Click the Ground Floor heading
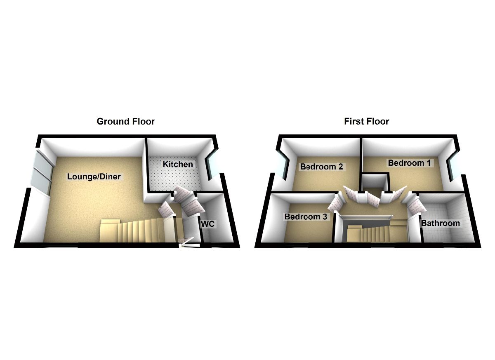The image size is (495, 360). pos(125,122)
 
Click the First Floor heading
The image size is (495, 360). pos(366,122)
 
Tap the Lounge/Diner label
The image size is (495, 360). pos(94,177)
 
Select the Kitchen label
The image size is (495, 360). pos(178,164)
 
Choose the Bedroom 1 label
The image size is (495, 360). pos(409,163)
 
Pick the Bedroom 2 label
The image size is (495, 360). pos(322,167)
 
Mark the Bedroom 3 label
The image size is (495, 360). pos(306,216)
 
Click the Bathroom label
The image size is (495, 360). pos(440,223)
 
